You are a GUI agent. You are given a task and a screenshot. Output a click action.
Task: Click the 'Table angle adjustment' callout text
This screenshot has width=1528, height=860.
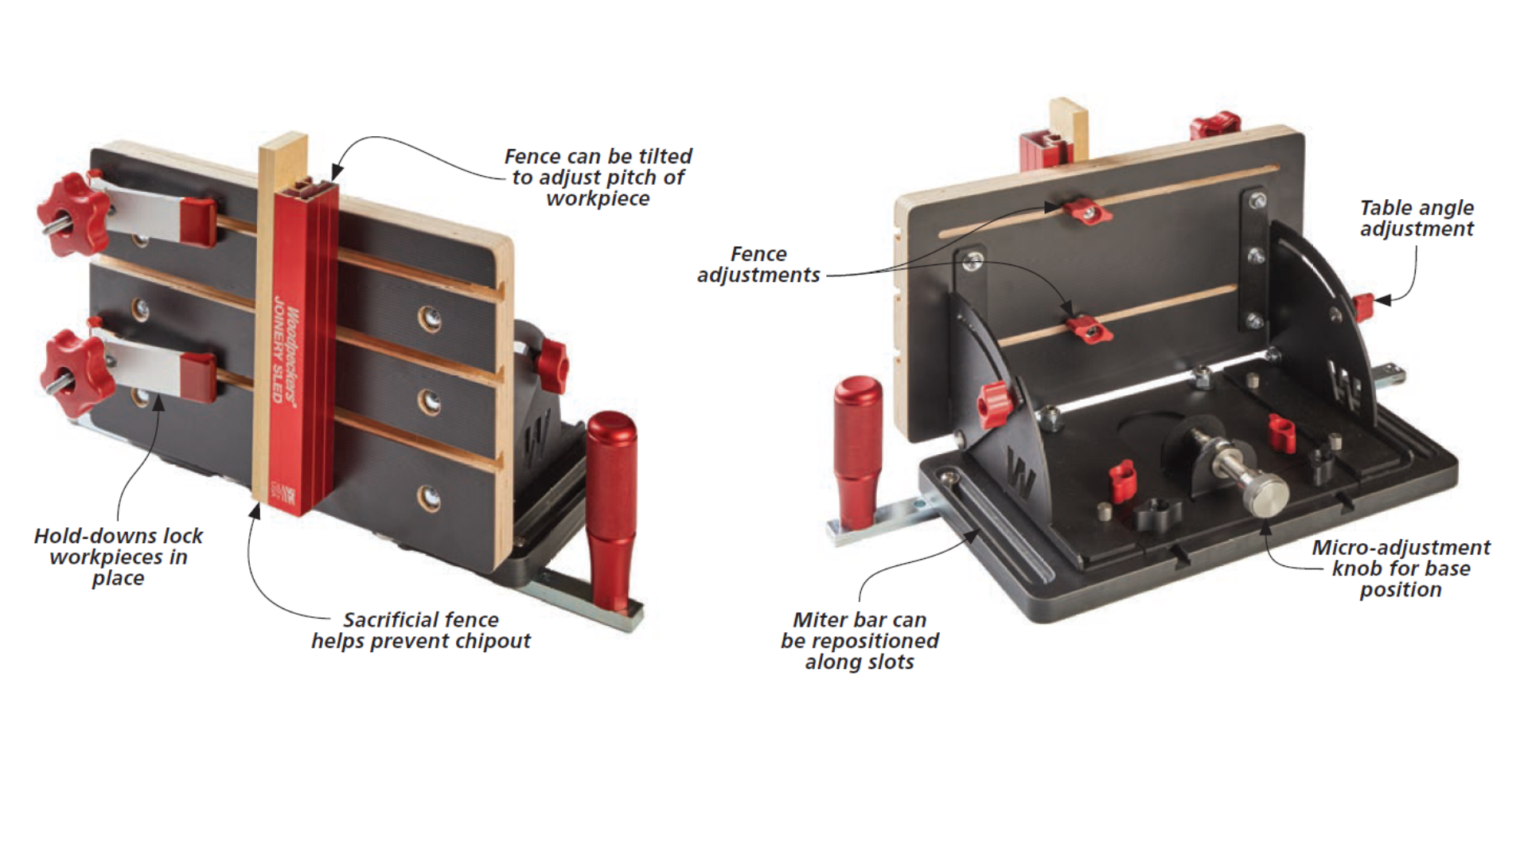(x=1416, y=218)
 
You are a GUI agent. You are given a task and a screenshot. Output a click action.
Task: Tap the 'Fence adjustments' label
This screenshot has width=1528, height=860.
(x=758, y=264)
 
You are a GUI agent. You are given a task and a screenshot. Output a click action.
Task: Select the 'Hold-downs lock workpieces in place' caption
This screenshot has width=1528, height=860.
(x=118, y=557)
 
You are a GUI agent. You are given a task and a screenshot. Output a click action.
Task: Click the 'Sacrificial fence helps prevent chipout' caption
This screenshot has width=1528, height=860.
(x=420, y=630)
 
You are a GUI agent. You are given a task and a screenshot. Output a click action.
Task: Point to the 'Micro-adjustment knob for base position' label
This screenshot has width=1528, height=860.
(x=1400, y=569)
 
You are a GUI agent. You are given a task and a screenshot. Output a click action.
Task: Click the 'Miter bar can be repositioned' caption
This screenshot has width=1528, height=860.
(x=859, y=640)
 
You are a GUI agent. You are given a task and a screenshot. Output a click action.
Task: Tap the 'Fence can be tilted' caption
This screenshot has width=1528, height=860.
(x=598, y=177)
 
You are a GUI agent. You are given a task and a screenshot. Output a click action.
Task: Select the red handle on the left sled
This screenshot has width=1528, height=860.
(x=611, y=510)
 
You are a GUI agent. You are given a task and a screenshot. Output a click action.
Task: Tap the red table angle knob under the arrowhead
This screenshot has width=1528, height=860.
(x=1363, y=307)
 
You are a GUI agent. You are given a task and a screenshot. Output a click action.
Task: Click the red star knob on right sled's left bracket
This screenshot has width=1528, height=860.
(x=995, y=403)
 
